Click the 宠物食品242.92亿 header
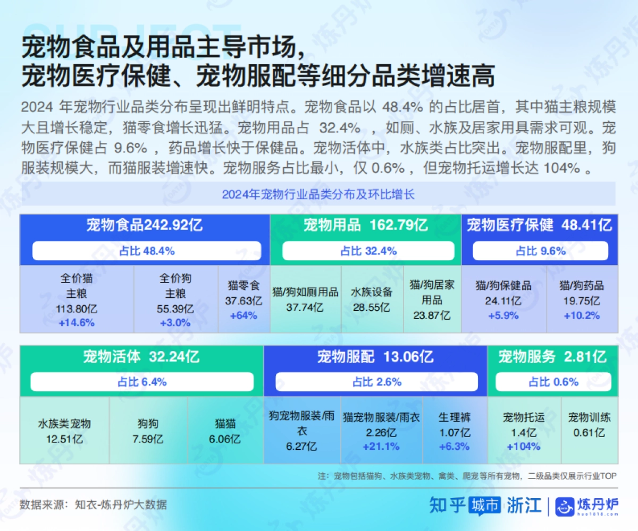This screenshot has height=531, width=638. pyautogui.click(x=145, y=225)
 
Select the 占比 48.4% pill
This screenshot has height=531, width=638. pyautogui.click(x=147, y=251)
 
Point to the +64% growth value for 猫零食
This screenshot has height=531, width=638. pyautogui.click(x=244, y=315)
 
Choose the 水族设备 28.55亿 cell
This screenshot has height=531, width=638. pyautogui.click(x=372, y=299)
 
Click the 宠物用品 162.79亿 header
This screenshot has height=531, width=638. pyautogui.click(x=365, y=225)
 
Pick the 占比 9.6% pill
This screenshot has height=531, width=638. pyautogui.click(x=540, y=251)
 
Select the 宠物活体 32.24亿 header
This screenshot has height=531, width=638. pyautogui.click(x=141, y=357)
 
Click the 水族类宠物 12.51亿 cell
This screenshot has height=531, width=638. pyautogui.click(x=64, y=431)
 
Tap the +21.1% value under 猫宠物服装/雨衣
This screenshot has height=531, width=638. pyautogui.click(x=381, y=447)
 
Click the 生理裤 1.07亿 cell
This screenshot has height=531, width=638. pyautogui.click(x=455, y=431)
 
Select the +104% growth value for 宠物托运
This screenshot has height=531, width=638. pyautogui.click(x=524, y=447)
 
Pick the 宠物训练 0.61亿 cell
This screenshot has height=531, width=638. pyautogui.click(x=589, y=425)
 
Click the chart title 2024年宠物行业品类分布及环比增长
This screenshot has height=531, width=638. pyautogui.click(x=318, y=194)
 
